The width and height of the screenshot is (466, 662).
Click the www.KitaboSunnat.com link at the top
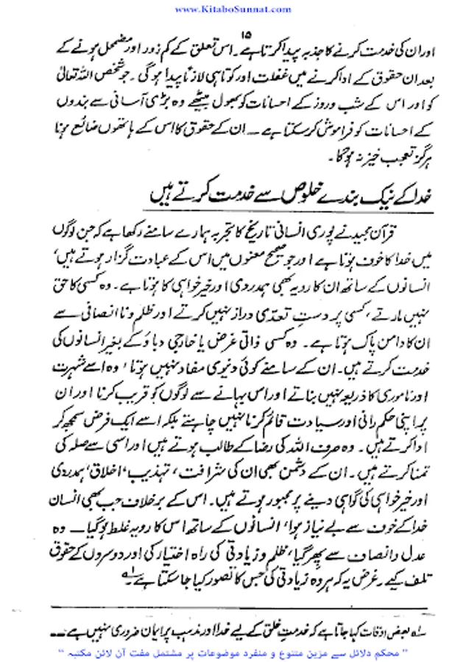[233, 7]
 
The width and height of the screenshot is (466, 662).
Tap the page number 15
[246, 32]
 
